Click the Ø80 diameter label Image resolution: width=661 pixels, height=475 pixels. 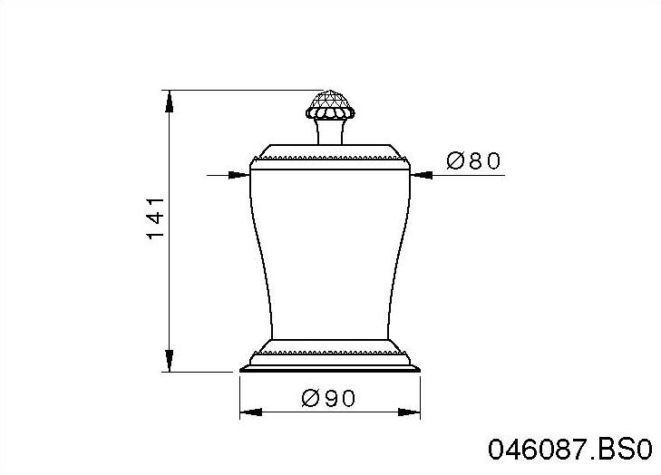tap(473, 160)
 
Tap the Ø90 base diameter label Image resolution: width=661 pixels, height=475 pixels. tap(329, 398)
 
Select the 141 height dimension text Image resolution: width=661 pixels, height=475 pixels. tap(155, 218)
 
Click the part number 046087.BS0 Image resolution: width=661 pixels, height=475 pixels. tap(570, 450)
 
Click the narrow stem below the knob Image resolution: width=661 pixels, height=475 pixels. tap(330, 131)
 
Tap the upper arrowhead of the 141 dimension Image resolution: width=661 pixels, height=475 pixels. tap(169, 102)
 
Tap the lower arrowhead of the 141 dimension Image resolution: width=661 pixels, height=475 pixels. tap(169, 361)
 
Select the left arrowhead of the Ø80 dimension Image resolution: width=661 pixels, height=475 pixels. tap(238, 175)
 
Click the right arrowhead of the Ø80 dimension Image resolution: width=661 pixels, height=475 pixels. tap(421, 175)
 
